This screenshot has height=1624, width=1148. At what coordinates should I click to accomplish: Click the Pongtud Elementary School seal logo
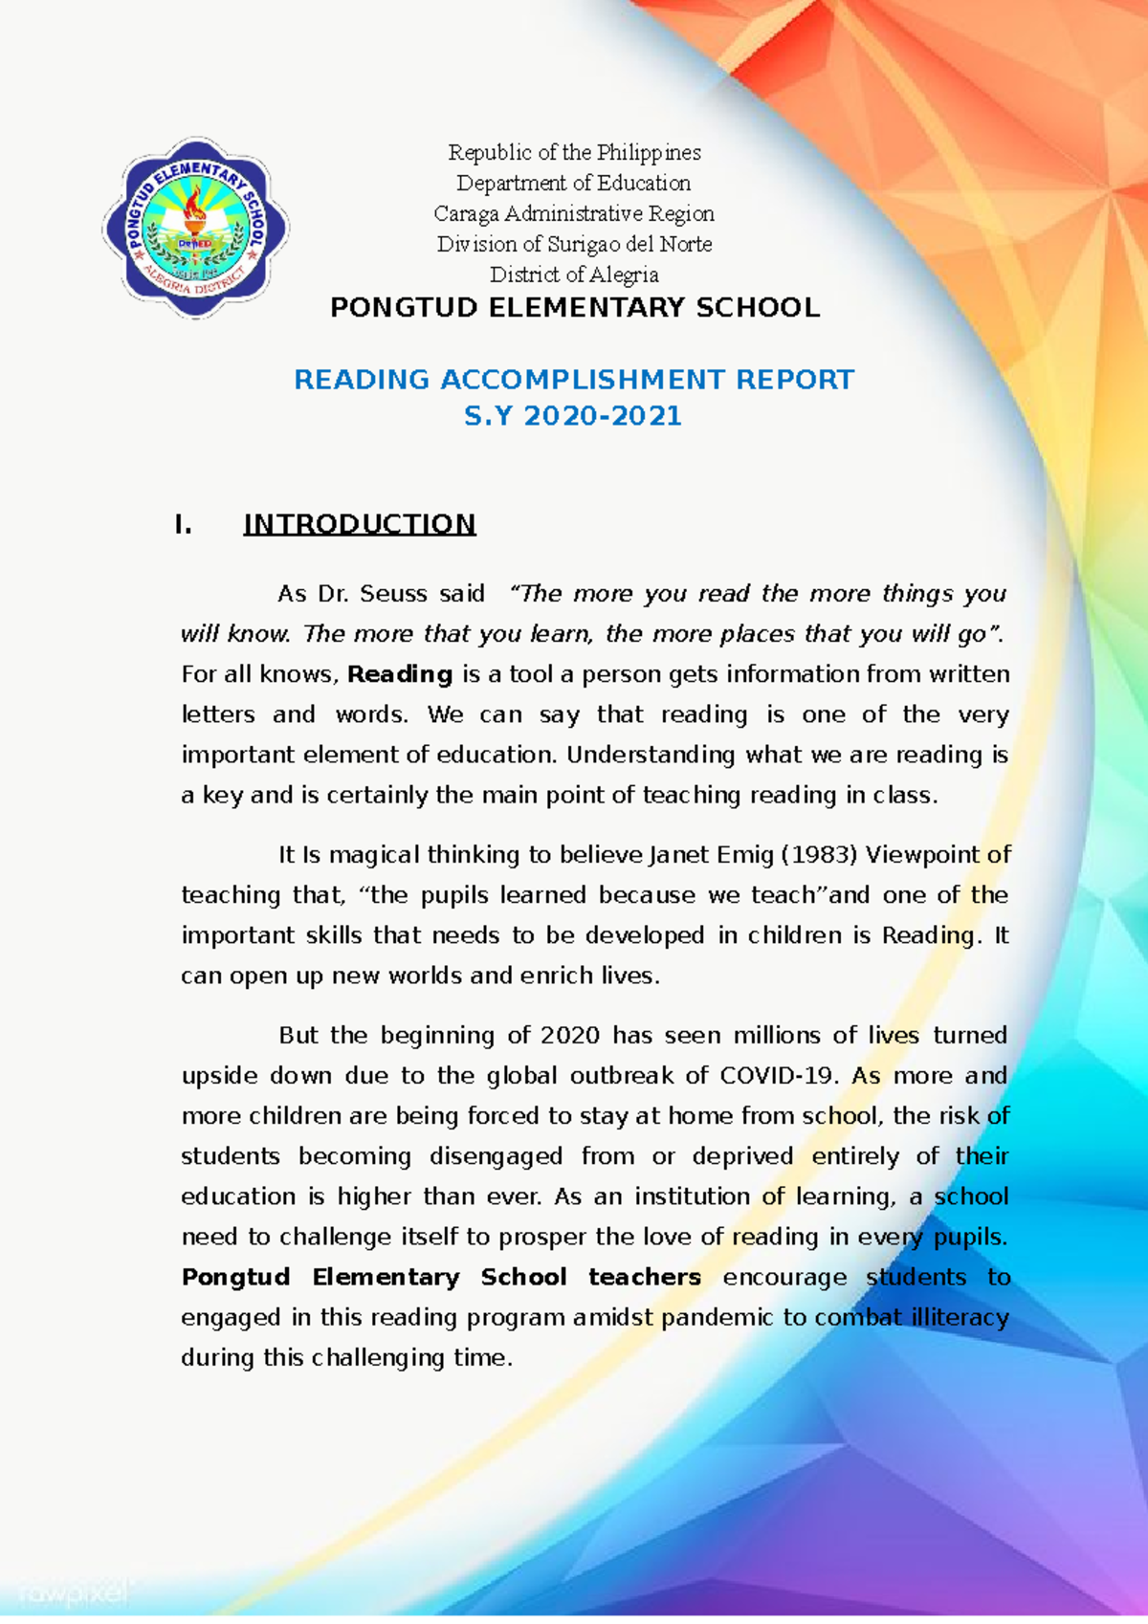[196, 228]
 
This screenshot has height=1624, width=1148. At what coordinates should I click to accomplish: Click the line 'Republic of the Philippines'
[574, 152]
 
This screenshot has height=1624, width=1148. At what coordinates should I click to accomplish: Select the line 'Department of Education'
[574, 183]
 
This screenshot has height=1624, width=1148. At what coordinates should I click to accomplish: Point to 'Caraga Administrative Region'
[574, 213]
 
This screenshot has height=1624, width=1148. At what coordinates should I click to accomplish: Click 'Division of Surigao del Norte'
[574, 244]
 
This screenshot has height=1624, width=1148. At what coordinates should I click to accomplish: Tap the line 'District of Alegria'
[574, 274]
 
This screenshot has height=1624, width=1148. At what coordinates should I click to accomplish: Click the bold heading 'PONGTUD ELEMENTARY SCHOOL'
[574, 308]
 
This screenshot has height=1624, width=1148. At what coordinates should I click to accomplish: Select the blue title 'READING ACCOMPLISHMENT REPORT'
[574, 380]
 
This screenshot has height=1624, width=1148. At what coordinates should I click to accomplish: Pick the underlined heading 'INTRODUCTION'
[359, 524]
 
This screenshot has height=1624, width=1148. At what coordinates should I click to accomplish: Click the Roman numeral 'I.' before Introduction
[183, 524]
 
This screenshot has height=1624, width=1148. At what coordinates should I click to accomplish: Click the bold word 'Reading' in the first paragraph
[400, 674]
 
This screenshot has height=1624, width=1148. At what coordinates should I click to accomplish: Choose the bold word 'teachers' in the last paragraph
[644, 1278]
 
